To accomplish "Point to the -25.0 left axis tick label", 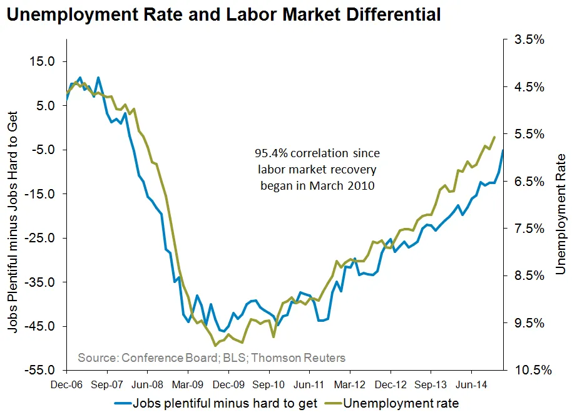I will click(40, 238).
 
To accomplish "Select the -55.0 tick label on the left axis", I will click(40, 370).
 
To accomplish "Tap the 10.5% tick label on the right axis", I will click(531, 370).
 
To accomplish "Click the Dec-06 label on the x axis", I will click(66, 384).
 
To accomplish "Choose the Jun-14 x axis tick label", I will click(472, 384).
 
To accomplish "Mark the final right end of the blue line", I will click(503, 150).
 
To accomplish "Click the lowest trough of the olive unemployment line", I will click(215, 345).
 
